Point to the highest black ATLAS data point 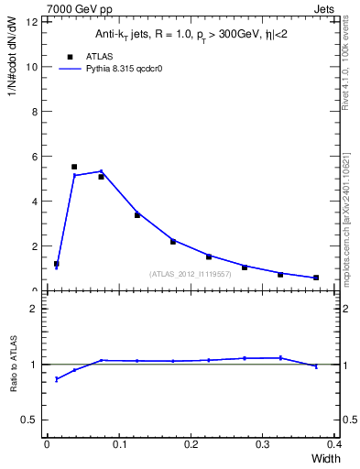[74, 167]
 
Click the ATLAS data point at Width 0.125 [137, 215]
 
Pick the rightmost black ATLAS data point [316, 278]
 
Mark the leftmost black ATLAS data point [57, 264]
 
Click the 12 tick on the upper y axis [35, 22]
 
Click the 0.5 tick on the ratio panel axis [32, 420]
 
